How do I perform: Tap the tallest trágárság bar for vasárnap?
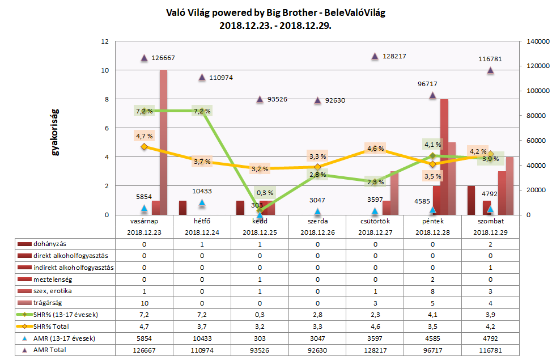(163, 142)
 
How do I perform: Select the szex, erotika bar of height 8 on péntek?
(444, 157)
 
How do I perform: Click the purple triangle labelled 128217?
(375, 56)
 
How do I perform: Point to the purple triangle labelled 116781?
(490, 70)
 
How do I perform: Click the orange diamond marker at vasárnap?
(144, 147)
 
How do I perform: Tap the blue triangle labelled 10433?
(202, 202)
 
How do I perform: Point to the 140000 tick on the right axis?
(534, 41)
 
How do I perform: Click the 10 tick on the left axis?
(104, 70)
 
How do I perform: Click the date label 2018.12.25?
(260, 232)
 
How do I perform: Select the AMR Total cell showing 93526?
(260, 350)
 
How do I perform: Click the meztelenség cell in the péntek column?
(432, 279)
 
